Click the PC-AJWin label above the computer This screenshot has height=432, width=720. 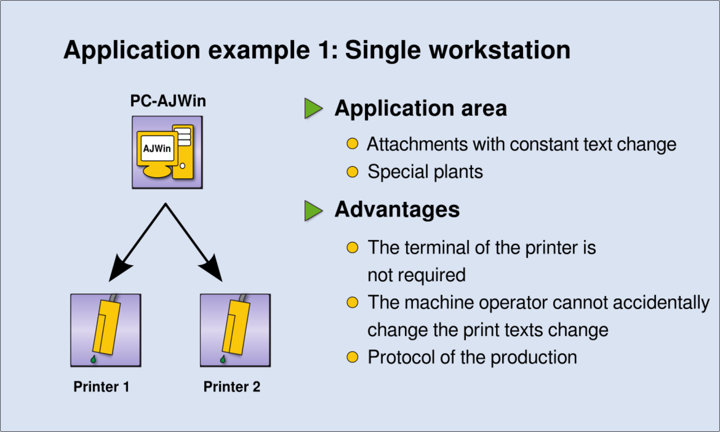tap(168, 102)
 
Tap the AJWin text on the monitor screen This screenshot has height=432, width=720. tap(157, 149)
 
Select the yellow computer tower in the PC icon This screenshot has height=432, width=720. tap(183, 152)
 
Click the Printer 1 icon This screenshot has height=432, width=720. tap(105, 330)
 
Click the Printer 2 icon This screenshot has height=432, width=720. tap(235, 330)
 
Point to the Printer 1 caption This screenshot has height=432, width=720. tap(101, 387)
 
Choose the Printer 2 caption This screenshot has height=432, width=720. tap(232, 387)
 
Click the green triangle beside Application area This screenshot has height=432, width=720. tap(313, 108)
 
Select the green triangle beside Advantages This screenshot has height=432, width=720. tap(313, 211)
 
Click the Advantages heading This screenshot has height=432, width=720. tap(397, 210)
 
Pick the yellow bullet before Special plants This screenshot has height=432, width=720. tap(353, 171)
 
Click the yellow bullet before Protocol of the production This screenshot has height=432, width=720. tap(353, 357)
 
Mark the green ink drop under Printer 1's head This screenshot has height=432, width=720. tap(93, 360)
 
